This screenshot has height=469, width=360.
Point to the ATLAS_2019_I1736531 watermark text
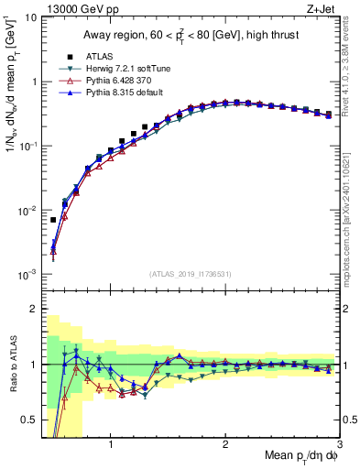click(190, 273)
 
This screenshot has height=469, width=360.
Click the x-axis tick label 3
click(339, 446)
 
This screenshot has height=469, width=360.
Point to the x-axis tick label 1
click(110, 446)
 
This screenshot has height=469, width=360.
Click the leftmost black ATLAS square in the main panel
click(53, 220)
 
